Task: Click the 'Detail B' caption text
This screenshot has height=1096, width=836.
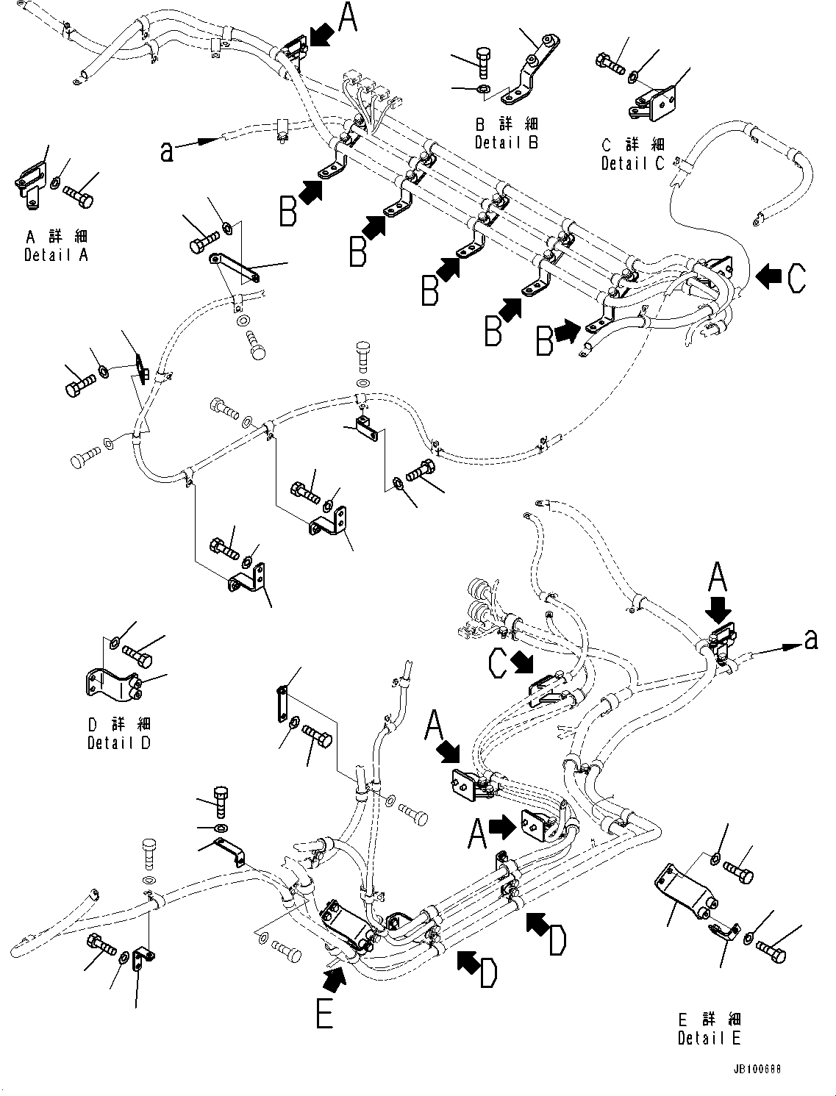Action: pos(506,143)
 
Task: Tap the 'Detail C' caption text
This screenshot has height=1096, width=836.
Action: pos(632,164)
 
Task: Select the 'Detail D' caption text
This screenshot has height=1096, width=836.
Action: pos(118,742)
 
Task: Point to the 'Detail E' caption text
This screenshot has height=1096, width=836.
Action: pos(709,1038)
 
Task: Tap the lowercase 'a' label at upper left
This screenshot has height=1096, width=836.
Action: pos(167,151)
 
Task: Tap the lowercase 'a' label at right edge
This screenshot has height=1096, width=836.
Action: pos(810,640)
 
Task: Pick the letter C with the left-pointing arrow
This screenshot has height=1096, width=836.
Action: pos(794,278)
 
